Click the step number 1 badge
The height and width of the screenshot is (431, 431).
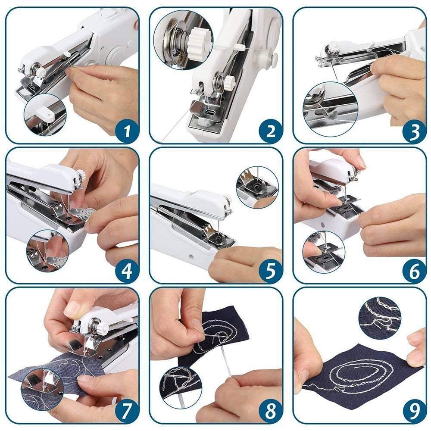tap(126, 131)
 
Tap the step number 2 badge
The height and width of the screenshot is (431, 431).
tap(270, 131)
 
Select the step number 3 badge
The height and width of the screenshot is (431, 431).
tap(414, 131)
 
